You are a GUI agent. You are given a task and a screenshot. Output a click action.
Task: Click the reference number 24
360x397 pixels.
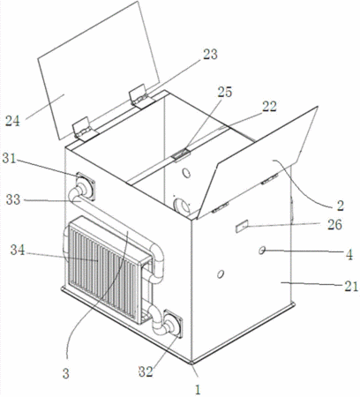pos(12,121)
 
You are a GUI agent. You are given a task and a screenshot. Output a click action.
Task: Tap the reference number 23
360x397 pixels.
pos(210,55)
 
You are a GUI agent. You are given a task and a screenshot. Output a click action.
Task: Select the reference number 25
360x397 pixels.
pos(225,92)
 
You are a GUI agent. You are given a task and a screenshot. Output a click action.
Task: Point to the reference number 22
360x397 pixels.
pos(269,107)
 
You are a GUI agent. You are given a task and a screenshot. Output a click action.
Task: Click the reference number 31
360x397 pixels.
pos(9,159)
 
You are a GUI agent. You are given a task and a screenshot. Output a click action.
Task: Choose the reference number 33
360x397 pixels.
pos(13,199)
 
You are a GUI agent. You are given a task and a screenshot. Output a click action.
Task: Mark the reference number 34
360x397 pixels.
pos(18,250)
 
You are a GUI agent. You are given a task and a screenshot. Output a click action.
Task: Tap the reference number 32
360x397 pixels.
pos(146,371)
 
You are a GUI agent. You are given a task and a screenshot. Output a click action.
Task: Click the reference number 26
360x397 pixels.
pos(334,224)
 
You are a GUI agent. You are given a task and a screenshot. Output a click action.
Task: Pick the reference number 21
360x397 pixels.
pos(351,286)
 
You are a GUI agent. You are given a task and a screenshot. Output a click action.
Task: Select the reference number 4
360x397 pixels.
pos(349,255)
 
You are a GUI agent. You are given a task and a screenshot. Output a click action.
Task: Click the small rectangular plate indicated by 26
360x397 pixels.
pos(242,227)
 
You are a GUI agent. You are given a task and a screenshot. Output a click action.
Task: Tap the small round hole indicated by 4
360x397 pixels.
pos(261,251)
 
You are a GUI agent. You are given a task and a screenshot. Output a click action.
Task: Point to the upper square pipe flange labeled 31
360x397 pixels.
pos(86,186)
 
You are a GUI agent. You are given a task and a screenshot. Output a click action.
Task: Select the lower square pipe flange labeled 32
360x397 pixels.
pos(173,324)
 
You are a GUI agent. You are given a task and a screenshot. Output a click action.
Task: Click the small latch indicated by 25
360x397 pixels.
pos(182,154)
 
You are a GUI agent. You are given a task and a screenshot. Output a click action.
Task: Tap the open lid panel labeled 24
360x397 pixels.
pos(98,70)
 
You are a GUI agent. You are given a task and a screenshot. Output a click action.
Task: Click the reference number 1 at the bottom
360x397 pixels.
pos(198,390)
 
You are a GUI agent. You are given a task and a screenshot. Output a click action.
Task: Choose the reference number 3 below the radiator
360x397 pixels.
pos(66,373)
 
